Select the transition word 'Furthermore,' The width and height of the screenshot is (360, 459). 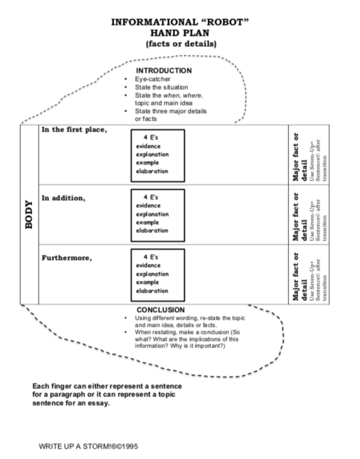66,257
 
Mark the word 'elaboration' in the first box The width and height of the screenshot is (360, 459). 151,171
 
